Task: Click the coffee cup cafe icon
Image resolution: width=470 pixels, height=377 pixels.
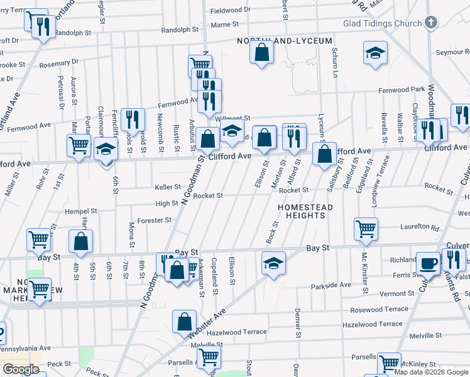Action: coord(429,263)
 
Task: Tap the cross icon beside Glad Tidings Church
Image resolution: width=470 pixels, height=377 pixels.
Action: coord(430,23)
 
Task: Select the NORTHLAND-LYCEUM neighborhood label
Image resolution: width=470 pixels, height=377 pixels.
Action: coord(285,41)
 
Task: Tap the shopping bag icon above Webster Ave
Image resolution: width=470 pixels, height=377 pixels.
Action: coord(185,321)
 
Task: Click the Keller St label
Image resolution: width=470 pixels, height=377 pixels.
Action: coord(168,187)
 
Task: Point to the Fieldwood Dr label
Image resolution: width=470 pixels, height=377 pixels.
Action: coord(230,11)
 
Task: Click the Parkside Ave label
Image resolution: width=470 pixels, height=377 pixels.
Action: coord(331,285)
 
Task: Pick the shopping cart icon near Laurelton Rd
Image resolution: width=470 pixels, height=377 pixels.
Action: coord(366,229)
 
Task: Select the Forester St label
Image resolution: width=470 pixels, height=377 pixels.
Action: coord(155,220)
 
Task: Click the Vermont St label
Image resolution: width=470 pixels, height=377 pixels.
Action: coord(396,293)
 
